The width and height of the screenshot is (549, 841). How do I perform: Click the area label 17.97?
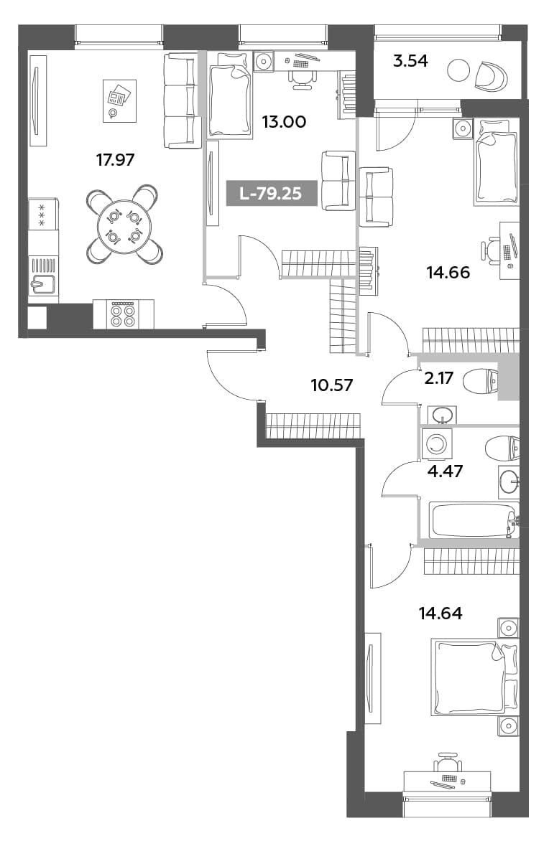click(115, 159)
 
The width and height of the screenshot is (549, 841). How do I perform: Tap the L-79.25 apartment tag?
click(272, 192)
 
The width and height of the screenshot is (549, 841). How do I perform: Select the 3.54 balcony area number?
click(410, 61)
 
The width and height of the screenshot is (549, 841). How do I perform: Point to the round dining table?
click(122, 226)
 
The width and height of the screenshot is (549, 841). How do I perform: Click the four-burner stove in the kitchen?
click(123, 314)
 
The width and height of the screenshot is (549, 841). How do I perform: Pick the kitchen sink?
click(43, 283)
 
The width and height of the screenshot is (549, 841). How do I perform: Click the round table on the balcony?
click(458, 70)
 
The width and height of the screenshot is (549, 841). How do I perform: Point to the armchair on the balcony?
click(491, 76)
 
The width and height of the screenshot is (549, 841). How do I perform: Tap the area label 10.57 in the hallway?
click(332, 385)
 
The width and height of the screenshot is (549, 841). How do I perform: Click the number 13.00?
click(284, 122)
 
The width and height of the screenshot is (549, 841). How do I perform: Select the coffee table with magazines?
click(119, 101)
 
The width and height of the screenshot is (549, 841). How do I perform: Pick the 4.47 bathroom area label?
click(445, 471)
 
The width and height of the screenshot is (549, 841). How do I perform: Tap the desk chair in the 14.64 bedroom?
click(448, 761)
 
